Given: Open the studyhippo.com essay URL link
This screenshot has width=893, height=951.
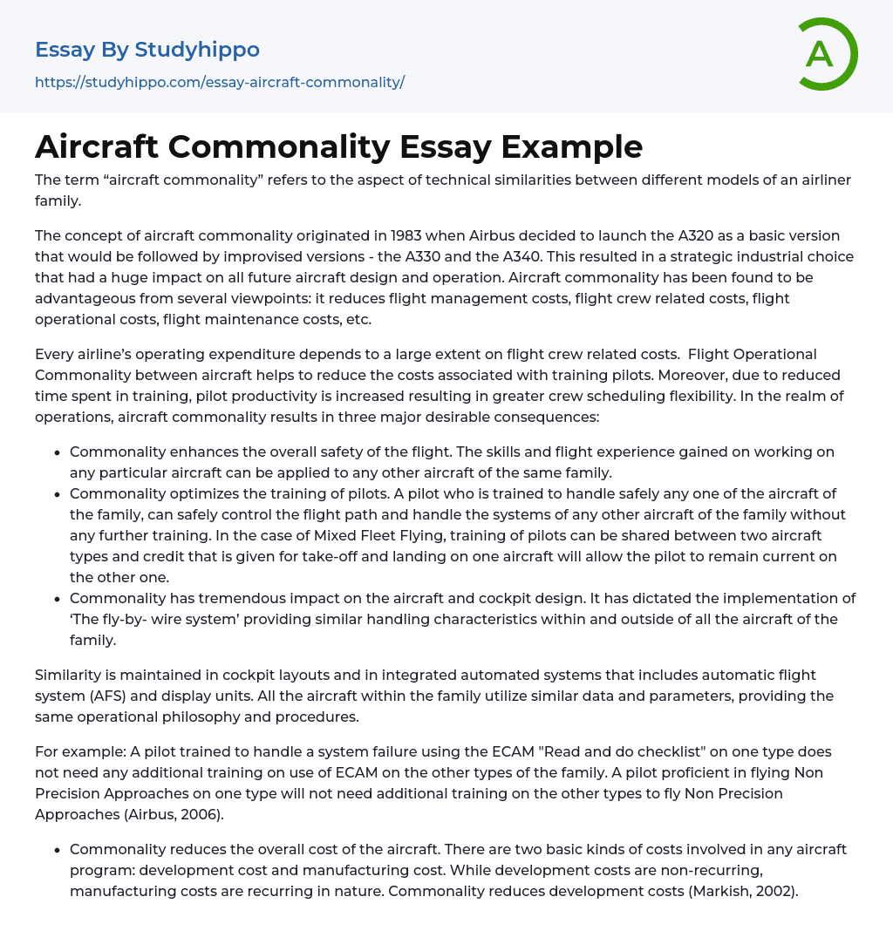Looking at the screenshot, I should (x=220, y=82).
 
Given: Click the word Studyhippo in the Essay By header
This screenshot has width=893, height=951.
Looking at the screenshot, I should (x=197, y=50).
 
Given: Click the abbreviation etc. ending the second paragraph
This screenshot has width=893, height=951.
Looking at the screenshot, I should (x=358, y=319).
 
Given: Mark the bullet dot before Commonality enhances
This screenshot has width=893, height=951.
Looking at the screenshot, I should (x=57, y=452).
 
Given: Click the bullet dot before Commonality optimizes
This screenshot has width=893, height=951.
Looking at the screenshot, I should (x=57, y=494).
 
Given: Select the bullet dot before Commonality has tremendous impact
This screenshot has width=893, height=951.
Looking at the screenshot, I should (x=57, y=599).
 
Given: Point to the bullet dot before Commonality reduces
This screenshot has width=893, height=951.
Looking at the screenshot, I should (x=57, y=850).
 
